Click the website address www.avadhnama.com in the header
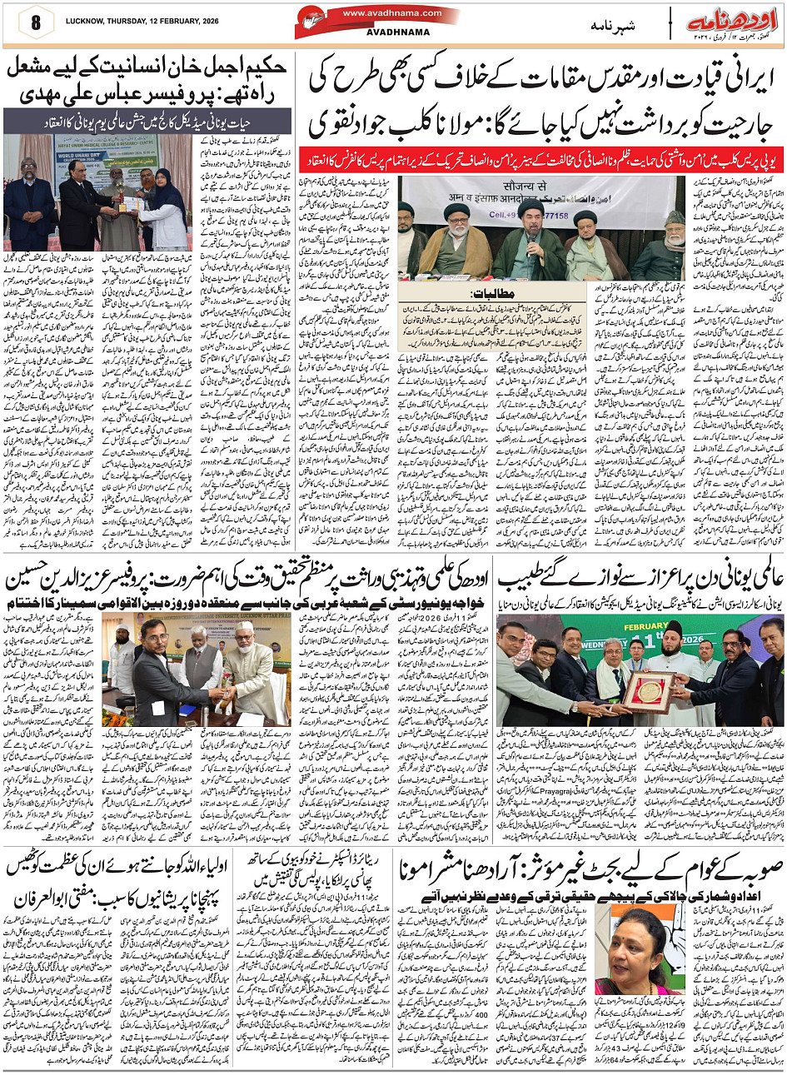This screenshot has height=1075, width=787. [382, 12]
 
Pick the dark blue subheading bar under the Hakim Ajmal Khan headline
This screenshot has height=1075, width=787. [147, 121]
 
